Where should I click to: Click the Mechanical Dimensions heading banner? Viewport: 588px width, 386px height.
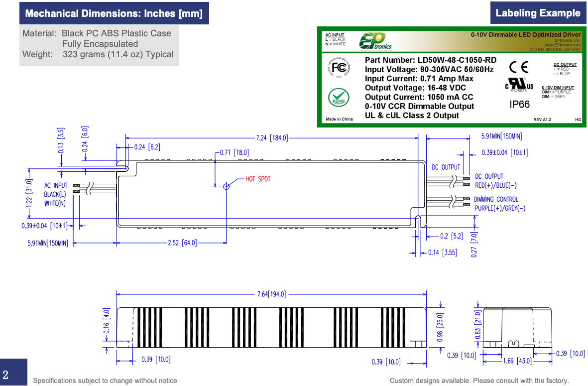(x=114, y=13)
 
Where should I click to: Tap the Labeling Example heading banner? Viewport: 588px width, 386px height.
(x=538, y=13)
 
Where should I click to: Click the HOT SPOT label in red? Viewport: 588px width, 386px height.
(x=258, y=179)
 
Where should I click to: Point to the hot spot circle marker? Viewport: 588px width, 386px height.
(x=227, y=186)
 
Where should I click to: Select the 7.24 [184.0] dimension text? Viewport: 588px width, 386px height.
(x=272, y=138)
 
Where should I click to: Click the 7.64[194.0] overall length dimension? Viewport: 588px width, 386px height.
(x=271, y=294)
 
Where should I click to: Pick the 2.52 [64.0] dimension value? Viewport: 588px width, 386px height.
(x=182, y=243)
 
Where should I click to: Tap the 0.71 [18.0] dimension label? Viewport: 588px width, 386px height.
(x=235, y=152)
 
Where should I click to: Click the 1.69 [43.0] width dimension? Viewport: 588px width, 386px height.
(x=517, y=361)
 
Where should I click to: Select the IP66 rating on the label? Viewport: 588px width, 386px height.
(x=520, y=105)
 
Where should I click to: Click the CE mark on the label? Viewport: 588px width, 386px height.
(x=519, y=67)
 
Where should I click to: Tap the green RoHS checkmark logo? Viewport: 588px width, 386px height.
(x=338, y=96)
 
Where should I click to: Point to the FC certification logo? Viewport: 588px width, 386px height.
(x=339, y=68)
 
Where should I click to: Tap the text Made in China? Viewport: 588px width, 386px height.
(x=339, y=119)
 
